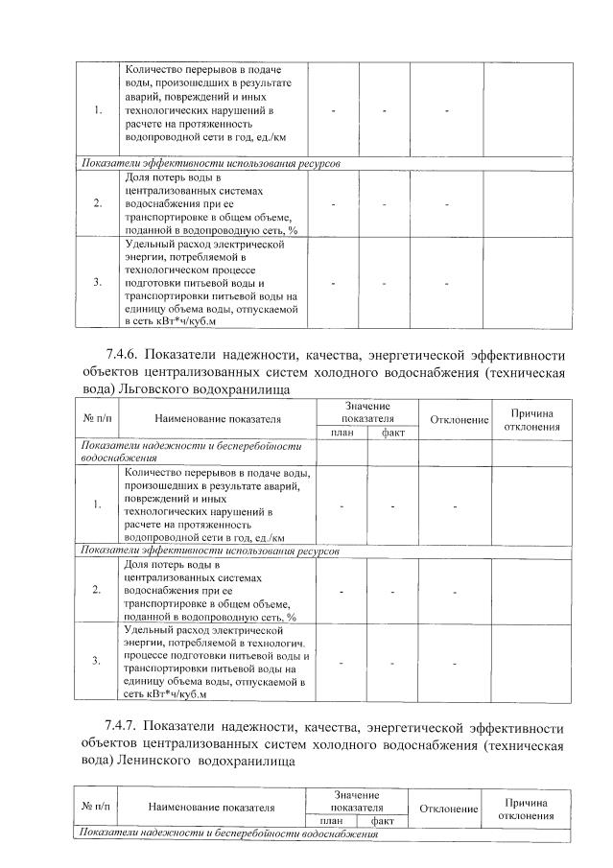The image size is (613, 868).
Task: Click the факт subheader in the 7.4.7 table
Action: coord(383,822)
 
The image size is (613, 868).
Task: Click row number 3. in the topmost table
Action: coord(98,283)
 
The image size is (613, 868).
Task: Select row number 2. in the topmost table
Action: coord(98,203)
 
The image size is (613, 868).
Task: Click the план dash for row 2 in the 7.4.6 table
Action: coord(342,591)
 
